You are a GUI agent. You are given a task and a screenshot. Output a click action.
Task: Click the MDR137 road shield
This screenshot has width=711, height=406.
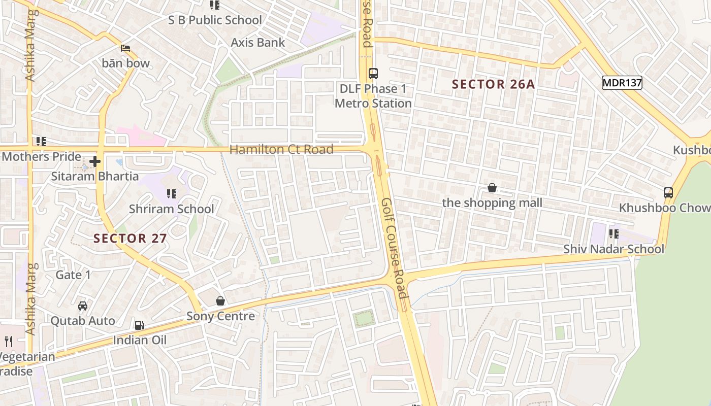coord(622,83)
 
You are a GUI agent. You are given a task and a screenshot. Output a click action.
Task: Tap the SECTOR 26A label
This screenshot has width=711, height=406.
coord(493,84)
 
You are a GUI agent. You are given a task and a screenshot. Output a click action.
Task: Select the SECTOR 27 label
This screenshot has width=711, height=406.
coord(130,238)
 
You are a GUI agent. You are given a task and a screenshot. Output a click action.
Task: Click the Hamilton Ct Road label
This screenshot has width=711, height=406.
coord(281,149)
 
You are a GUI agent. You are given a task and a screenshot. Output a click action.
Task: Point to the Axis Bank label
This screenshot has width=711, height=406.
coord(258,43)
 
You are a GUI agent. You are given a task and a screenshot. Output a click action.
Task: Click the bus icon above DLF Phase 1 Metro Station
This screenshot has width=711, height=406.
coord(373,73)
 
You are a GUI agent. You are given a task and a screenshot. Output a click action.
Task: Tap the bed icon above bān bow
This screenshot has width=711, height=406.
coord(125,48)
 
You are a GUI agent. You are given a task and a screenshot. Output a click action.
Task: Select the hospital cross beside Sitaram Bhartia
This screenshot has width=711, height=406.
coord(95,162)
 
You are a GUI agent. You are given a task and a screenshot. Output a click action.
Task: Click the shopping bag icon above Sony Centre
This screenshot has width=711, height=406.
coord(220,301)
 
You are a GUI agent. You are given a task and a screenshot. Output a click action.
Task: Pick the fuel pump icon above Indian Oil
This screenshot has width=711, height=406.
coord(139,325)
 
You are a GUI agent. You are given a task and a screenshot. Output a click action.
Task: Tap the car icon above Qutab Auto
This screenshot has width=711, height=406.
coord(82,306)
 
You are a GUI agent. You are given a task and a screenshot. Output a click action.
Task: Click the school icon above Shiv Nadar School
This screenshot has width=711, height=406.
coord(613,234)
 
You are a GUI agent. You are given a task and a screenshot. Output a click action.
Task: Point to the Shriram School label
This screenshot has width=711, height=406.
coord(171,209)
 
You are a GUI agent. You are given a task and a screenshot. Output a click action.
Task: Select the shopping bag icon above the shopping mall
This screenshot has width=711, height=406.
coord(492,188)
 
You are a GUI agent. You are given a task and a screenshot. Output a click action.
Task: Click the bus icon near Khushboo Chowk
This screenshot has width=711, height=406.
coord(668,193)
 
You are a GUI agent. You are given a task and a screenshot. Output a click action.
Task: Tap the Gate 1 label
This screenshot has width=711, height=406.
coord(73,275)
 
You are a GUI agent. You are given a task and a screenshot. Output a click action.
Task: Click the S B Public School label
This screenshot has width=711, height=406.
coord(215,20)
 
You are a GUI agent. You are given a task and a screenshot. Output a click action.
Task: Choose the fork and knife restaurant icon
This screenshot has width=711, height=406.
coord(8,341)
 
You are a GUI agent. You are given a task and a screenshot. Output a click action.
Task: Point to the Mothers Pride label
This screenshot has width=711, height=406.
coord(41,156)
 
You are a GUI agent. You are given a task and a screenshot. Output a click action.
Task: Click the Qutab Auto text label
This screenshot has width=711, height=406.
coord(82,321)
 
